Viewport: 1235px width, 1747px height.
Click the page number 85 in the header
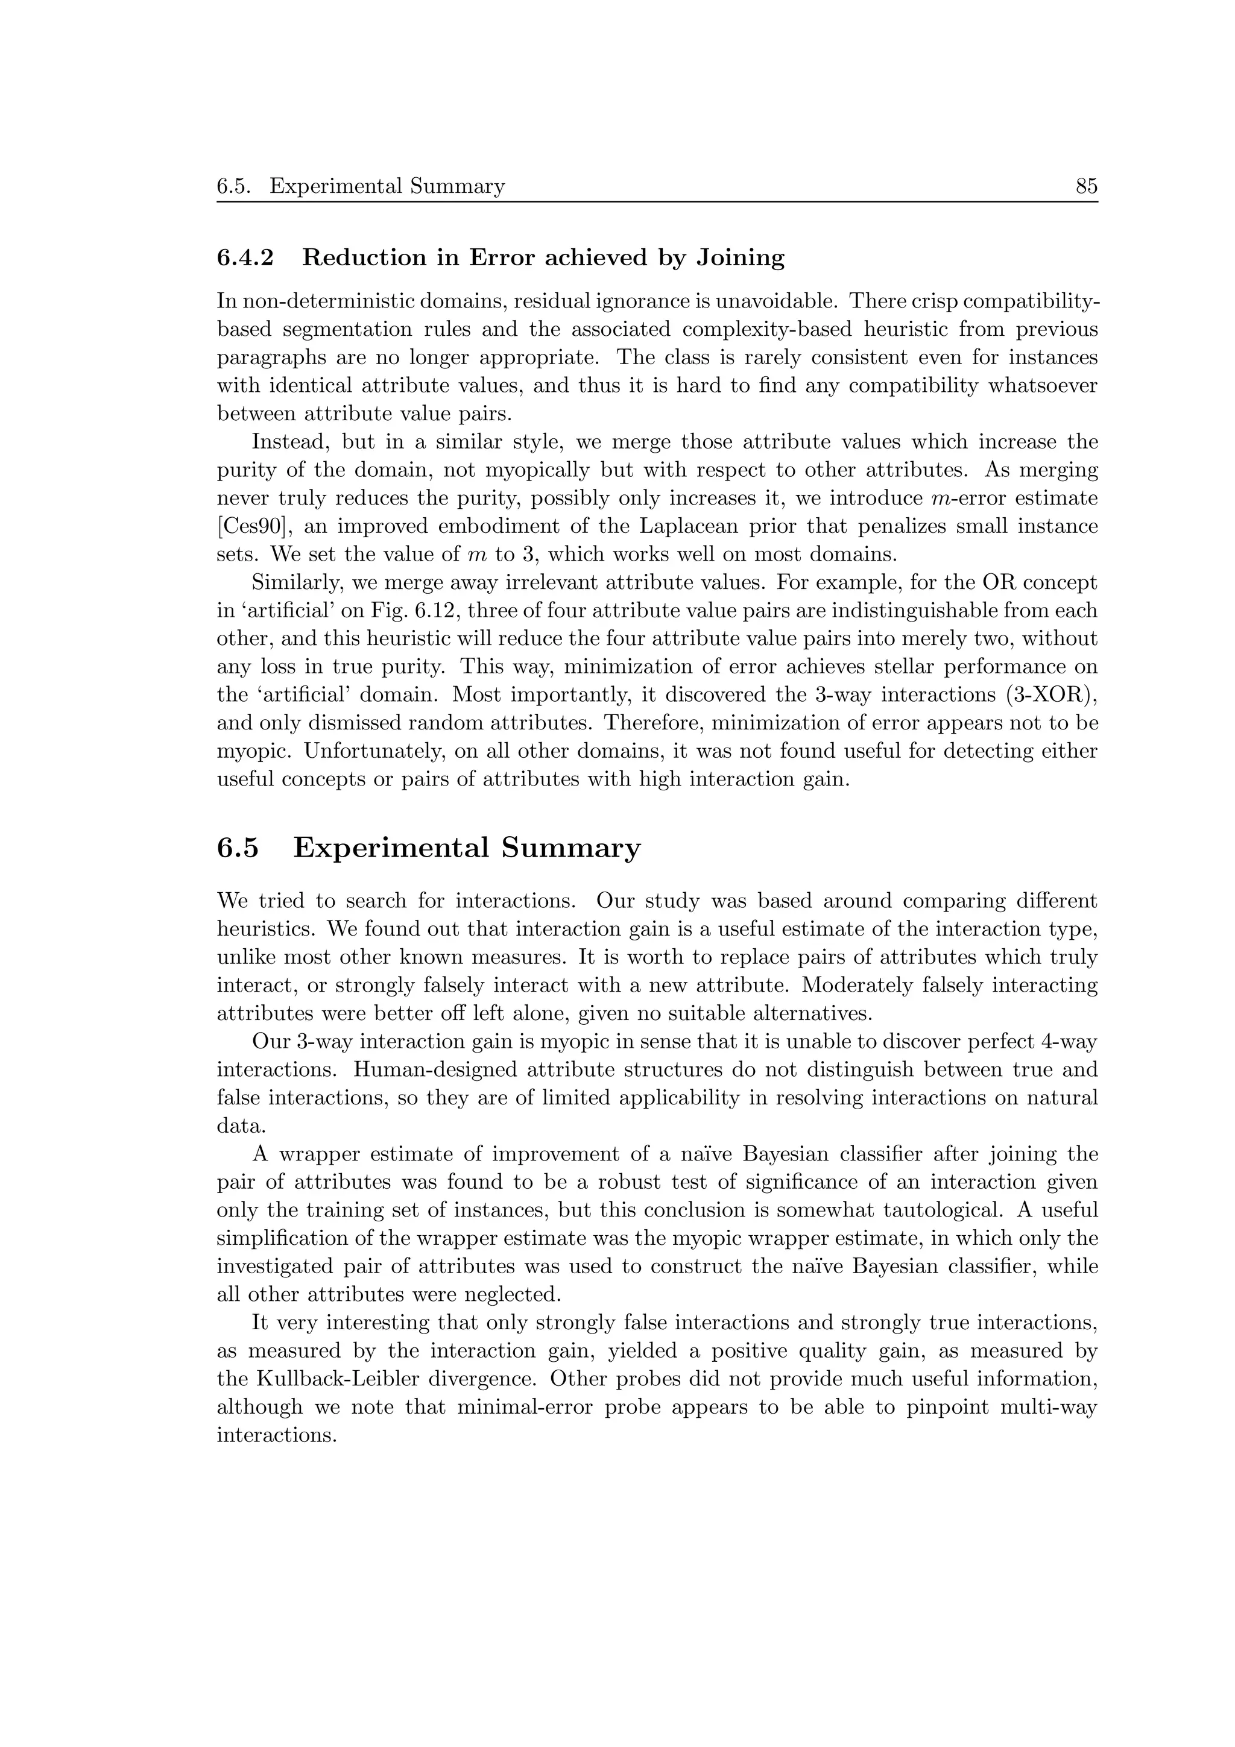click(1086, 186)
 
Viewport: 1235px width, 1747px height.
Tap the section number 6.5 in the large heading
click(238, 848)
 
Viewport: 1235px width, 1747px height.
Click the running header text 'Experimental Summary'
click(387, 186)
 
